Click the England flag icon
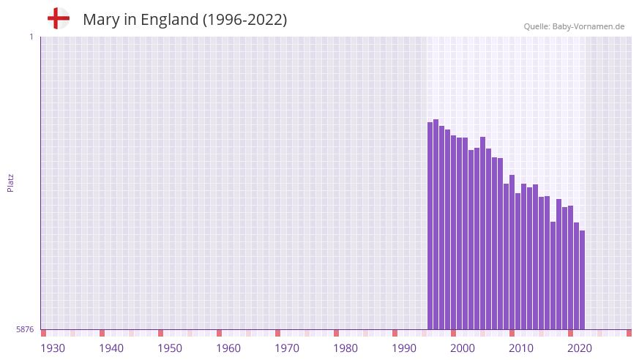tap(58, 18)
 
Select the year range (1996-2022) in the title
tap(244, 20)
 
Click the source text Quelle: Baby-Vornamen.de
tap(574, 26)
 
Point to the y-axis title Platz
tap(10, 183)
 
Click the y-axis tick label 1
tap(31, 37)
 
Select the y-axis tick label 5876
tap(25, 330)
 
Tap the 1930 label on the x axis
tap(53, 348)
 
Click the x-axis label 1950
tap(170, 348)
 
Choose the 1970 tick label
tap(287, 348)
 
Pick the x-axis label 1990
tap(404, 348)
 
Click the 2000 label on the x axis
tap(463, 348)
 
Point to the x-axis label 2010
tap(521, 348)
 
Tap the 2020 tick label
tap(580, 348)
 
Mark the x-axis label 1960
tap(228, 348)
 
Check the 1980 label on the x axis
tap(345, 348)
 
